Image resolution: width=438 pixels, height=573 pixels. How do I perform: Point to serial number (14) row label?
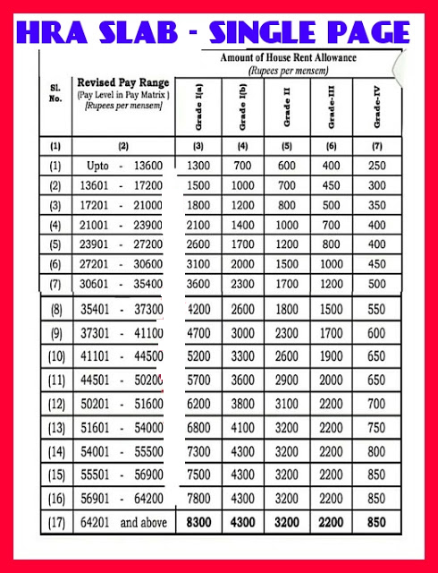coord(55,475)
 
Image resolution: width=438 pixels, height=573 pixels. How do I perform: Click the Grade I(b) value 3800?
coord(242,429)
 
